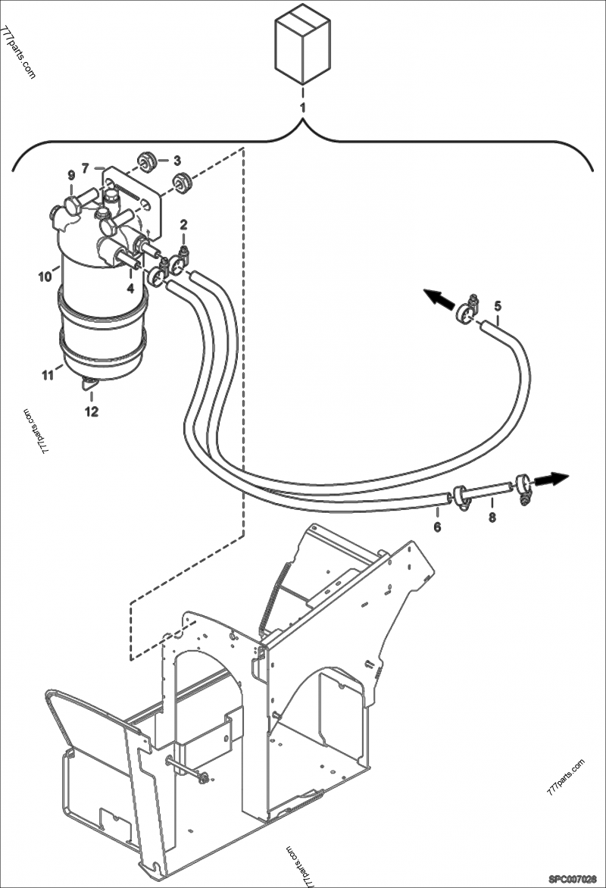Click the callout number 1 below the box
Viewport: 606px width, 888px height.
point(302,108)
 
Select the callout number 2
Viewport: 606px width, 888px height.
point(183,225)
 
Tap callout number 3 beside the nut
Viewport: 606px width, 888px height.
point(176,161)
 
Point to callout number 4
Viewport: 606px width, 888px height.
point(130,288)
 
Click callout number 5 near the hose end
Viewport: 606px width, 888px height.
point(498,306)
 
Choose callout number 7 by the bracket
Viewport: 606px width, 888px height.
point(86,167)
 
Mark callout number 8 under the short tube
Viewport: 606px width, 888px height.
point(492,517)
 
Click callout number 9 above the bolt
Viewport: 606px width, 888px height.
point(70,175)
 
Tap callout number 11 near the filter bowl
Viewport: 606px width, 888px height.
point(48,374)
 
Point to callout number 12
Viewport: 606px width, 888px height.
point(91,412)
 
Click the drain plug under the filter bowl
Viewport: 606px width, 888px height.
point(89,386)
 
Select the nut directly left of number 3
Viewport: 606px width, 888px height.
point(146,161)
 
